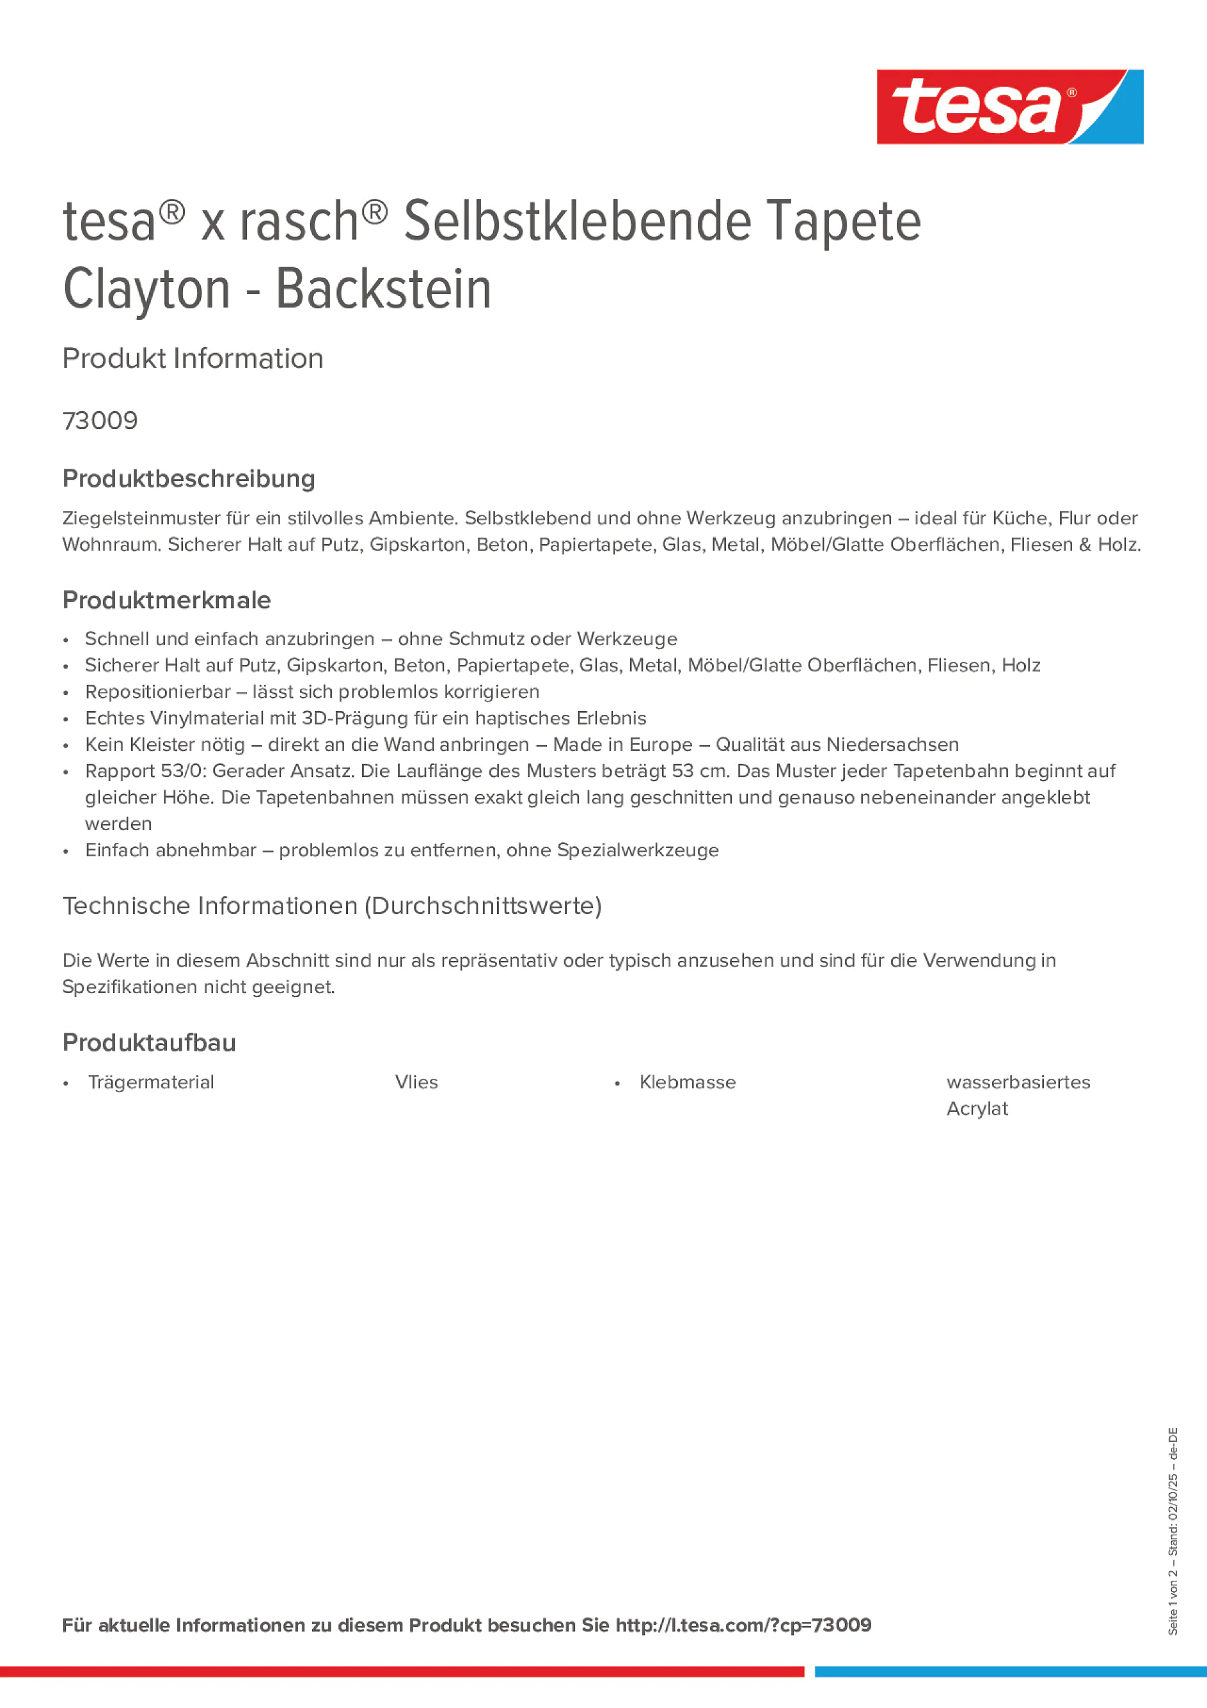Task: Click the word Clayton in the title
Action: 146,290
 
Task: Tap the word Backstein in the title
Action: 383,290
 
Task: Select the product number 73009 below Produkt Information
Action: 100,421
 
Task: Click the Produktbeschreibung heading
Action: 188,478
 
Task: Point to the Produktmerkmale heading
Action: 167,600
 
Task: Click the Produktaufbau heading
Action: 149,1042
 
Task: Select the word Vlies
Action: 416,1083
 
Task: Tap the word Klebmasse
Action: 687,1083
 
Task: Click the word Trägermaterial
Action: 151,1083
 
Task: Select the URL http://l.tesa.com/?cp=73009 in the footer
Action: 743,1625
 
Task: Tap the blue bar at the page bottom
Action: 1010,1672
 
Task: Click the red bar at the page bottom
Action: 402,1672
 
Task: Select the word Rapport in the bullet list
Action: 120,771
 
